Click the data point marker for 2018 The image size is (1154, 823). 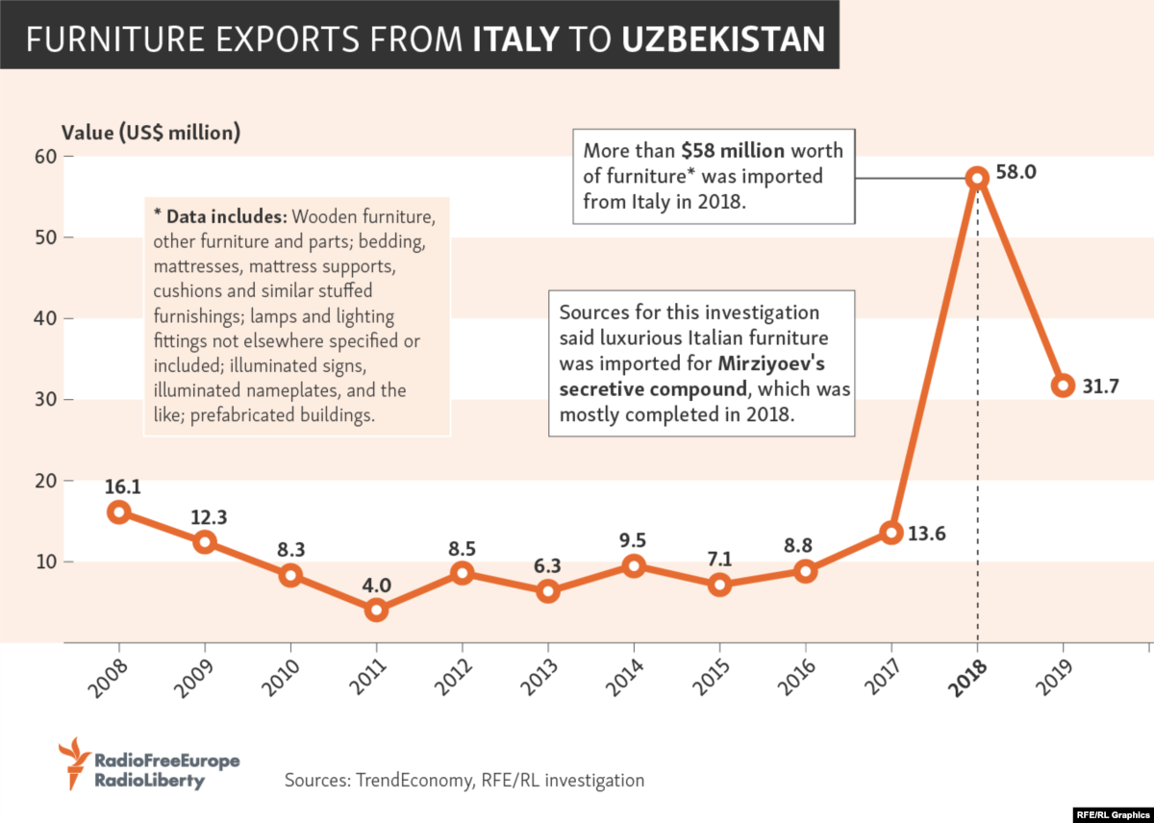tap(977, 177)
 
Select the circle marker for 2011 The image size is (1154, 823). tap(376, 610)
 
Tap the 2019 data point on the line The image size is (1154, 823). tap(1063, 386)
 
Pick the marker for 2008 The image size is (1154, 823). tap(118, 511)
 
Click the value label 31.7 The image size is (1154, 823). tap(1103, 387)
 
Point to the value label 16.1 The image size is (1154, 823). tap(124, 487)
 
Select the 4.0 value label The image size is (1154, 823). tap(376, 584)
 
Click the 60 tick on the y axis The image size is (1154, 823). tap(43, 156)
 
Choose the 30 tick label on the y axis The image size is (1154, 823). tap(43, 399)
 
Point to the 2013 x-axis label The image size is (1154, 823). tap(540, 683)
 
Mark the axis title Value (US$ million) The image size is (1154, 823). tap(151, 133)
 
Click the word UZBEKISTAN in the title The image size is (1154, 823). tap(723, 38)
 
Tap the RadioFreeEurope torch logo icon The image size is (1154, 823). tap(72, 762)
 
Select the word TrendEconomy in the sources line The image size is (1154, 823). tap(413, 780)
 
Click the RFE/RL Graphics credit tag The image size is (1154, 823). tap(1112, 812)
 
